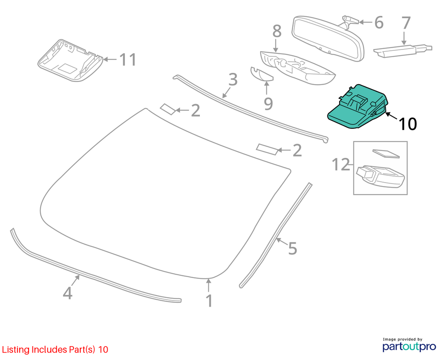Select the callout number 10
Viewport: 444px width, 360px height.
(x=408, y=124)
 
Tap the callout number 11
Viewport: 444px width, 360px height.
(x=128, y=59)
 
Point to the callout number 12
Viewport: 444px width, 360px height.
(x=341, y=164)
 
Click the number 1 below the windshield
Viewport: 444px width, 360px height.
(x=209, y=301)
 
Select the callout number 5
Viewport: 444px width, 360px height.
(x=293, y=248)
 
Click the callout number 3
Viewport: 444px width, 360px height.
(x=233, y=80)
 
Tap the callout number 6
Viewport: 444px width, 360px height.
(x=379, y=23)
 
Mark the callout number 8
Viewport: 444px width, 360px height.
(x=277, y=31)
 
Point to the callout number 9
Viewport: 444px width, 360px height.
(x=268, y=104)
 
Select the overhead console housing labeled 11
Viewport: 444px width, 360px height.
(x=70, y=61)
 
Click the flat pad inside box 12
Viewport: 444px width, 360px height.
(x=385, y=153)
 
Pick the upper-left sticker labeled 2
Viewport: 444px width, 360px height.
(x=168, y=109)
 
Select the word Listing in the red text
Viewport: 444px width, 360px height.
(x=16, y=350)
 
